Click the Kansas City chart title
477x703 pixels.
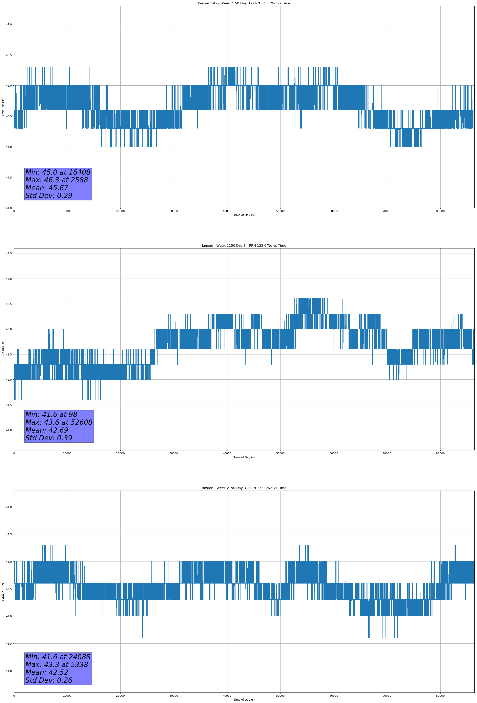point(244,3)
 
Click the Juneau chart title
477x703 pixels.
point(244,246)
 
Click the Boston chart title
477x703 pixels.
point(244,488)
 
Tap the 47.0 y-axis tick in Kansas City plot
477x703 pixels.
point(9,25)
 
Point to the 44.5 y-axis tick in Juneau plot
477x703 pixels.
point(9,253)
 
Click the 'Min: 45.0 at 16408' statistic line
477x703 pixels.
point(58,172)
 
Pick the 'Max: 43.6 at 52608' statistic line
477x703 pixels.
point(59,422)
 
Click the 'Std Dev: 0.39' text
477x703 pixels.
point(49,438)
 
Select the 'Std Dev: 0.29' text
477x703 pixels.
point(49,196)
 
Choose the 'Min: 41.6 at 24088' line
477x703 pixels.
point(58,657)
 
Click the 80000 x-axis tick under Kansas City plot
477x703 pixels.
point(440,211)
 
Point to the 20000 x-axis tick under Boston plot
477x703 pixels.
point(120,696)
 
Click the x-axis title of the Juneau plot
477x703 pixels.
point(244,457)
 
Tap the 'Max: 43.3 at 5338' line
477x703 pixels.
point(57,665)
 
